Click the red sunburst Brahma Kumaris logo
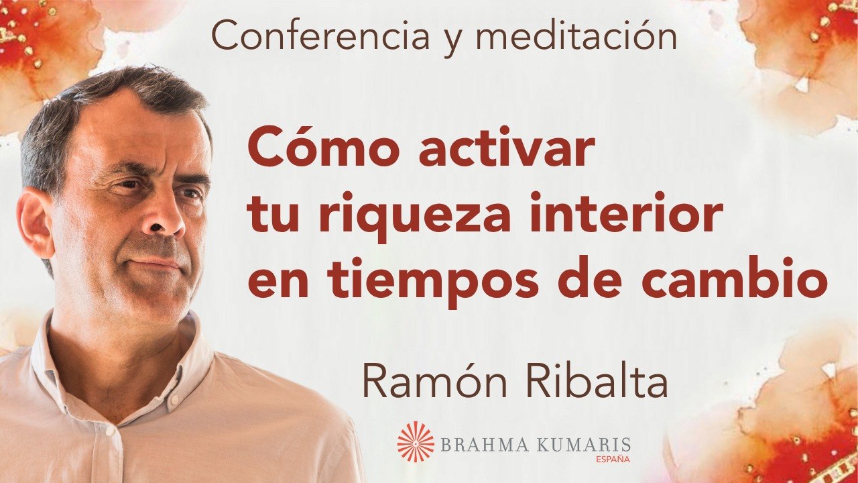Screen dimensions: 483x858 point(416,441)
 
